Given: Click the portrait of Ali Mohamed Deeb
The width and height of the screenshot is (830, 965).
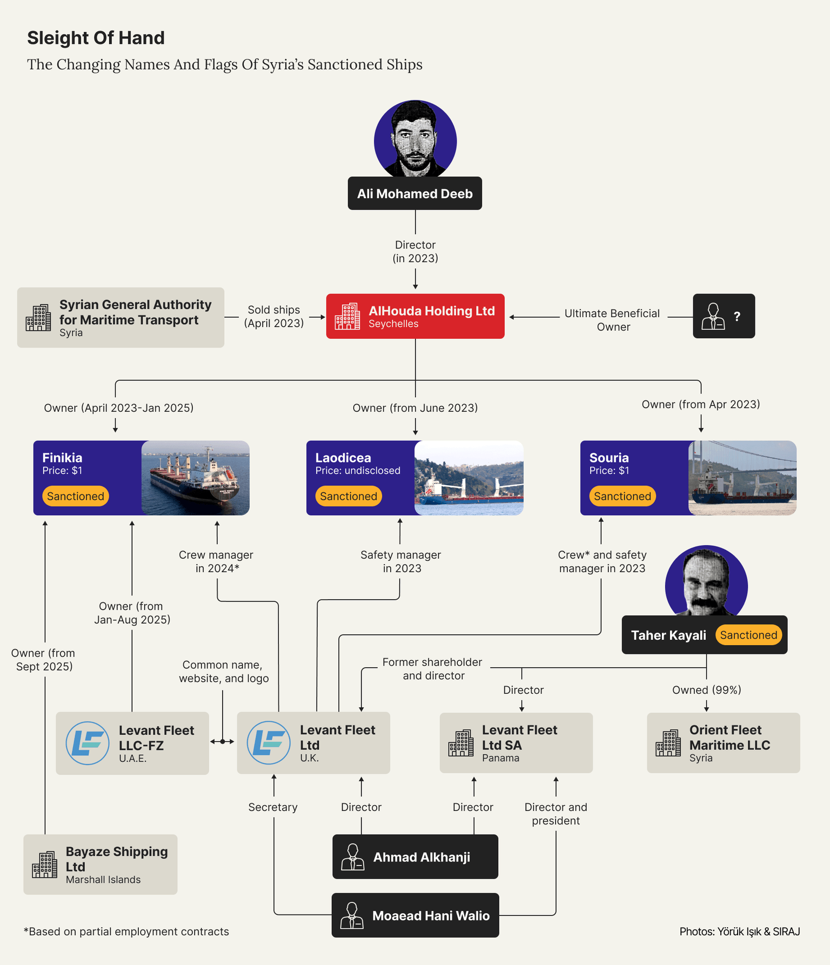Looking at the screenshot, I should click(415, 139).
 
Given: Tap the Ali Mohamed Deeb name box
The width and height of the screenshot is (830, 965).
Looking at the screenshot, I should click(414, 193).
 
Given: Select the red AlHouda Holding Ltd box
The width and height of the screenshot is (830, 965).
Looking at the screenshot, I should click(415, 316).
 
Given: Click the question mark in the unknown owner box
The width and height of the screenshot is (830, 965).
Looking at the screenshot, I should click(737, 317).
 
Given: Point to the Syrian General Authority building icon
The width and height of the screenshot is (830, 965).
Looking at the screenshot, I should click(38, 318).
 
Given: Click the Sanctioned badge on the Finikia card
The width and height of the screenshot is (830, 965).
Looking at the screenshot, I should click(76, 496).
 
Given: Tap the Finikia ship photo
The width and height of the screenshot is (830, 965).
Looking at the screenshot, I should click(195, 478).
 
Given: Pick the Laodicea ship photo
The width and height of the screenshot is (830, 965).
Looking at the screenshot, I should click(468, 478).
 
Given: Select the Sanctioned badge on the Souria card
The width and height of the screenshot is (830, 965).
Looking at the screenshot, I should click(622, 496).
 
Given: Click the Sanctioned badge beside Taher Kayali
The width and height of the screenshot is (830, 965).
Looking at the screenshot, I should click(748, 635).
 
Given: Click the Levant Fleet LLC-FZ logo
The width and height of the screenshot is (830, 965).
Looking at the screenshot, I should click(88, 743).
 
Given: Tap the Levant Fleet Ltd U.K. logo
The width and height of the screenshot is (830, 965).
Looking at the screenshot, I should click(269, 742).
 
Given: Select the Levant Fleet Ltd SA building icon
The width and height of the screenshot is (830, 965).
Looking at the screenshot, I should click(461, 743).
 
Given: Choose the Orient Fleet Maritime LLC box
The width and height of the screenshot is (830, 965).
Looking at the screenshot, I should click(723, 743).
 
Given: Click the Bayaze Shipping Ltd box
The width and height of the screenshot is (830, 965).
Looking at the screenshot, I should click(101, 864).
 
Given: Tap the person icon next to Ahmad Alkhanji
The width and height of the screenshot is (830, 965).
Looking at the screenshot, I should click(353, 857).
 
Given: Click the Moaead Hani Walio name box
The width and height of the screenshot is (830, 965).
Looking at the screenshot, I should click(415, 915).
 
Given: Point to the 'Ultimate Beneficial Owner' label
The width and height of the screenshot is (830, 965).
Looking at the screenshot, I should click(612, 320).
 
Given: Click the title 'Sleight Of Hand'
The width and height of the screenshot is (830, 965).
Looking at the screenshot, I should click(96, 38).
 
